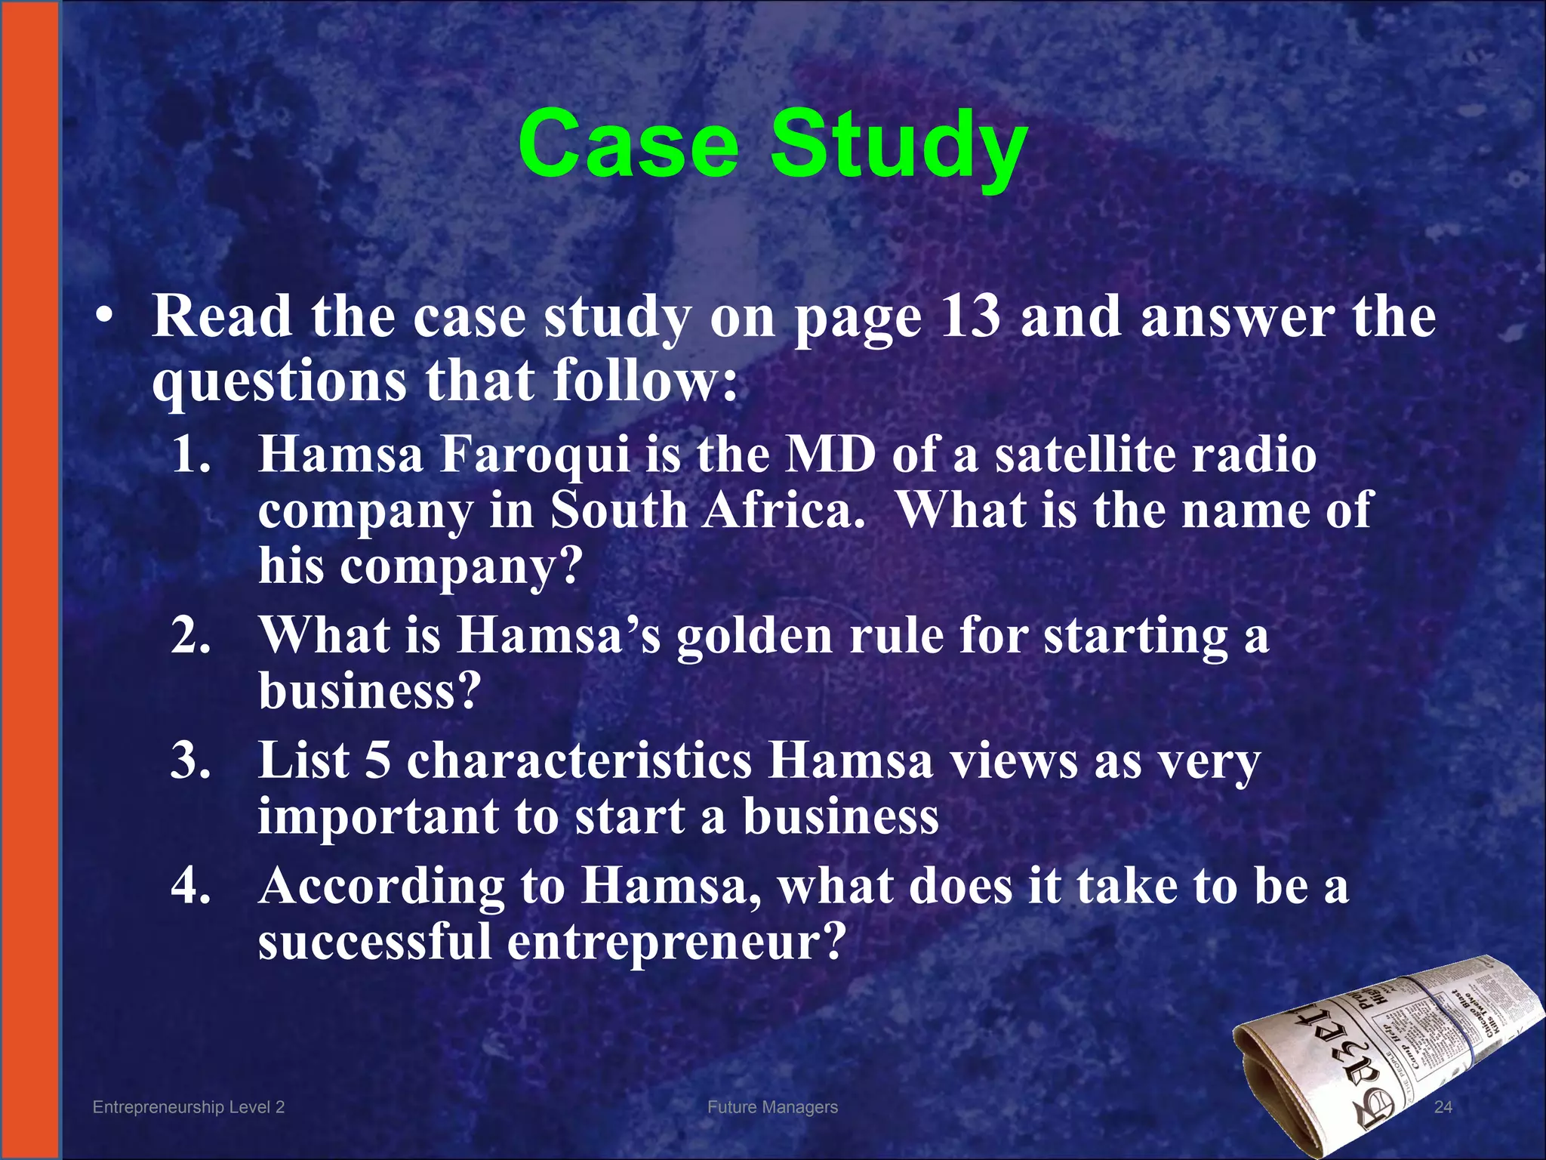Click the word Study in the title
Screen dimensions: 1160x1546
tap(898, 147)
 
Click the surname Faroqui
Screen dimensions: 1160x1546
tap(534, 455)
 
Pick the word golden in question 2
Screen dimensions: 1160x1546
tap(755, 636)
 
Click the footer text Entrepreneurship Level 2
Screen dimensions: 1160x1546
tap(188, 1107)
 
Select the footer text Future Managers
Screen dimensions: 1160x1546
tap(772, 1107)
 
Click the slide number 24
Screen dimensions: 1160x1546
tap(1443, 1107)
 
